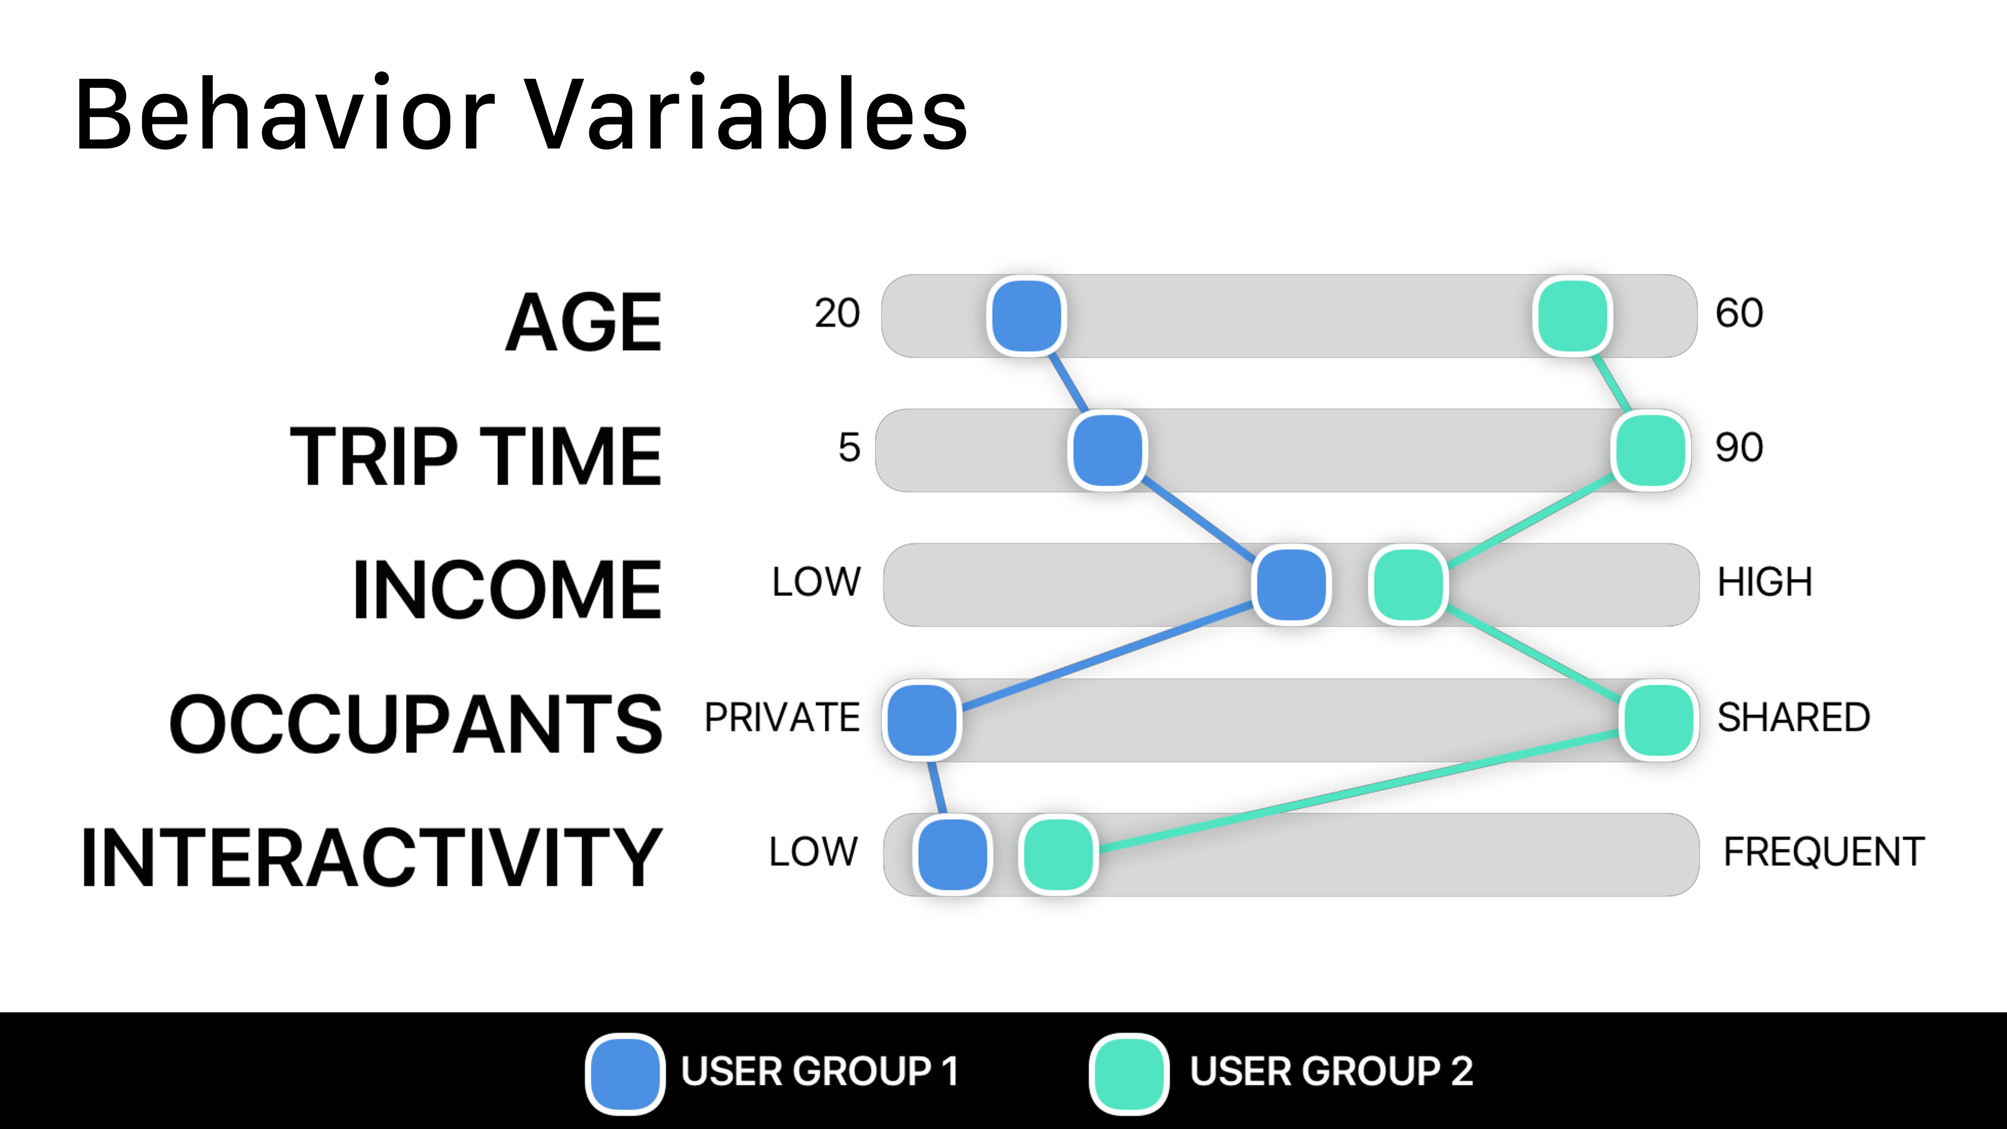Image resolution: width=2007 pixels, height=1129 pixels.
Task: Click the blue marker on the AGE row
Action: [1026, 316]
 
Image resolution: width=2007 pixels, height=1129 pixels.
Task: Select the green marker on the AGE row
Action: [1572, 316]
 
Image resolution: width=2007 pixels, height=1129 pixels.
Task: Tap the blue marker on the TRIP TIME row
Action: [1107, 451]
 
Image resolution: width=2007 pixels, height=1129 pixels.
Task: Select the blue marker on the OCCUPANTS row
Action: [921, 720]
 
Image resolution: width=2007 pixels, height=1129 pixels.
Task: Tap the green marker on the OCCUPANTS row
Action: [1658, 720]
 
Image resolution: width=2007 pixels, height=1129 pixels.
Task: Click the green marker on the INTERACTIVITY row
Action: [1058, 855]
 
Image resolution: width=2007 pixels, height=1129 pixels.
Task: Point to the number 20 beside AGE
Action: [837, 313]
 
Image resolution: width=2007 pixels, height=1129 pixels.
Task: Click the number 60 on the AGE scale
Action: [1739, 313]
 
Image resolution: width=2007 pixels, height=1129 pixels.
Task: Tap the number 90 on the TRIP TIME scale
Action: [1739, 447]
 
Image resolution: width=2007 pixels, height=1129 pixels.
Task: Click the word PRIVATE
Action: [782, 717]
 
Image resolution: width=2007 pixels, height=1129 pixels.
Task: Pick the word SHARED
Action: [1794, 717]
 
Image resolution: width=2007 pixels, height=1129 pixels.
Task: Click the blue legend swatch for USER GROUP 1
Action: [625, 1074]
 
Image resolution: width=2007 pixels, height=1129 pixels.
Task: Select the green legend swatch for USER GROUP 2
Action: [1129, 1074]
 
